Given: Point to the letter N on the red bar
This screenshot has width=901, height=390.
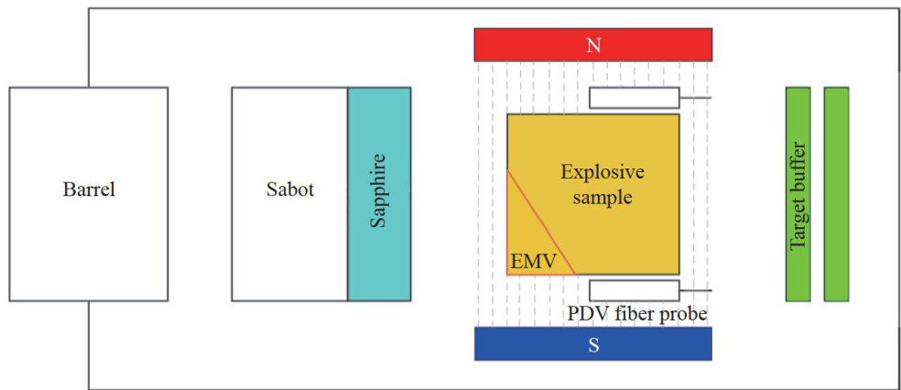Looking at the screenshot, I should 593,44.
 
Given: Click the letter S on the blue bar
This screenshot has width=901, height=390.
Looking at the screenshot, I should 593,344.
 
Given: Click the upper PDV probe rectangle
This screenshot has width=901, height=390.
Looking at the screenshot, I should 634,97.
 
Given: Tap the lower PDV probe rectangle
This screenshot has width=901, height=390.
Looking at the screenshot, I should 634,290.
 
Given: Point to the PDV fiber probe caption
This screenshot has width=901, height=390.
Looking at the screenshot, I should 637,314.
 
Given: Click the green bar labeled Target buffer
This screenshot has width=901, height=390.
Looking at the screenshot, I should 798,194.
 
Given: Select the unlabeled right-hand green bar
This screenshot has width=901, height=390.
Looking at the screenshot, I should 836,194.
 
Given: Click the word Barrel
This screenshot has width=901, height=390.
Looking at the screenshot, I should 89,191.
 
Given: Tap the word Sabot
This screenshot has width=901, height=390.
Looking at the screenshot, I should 289,191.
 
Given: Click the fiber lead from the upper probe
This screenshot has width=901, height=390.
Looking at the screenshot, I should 696,97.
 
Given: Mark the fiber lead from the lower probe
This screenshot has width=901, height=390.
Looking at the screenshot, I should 696,290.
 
